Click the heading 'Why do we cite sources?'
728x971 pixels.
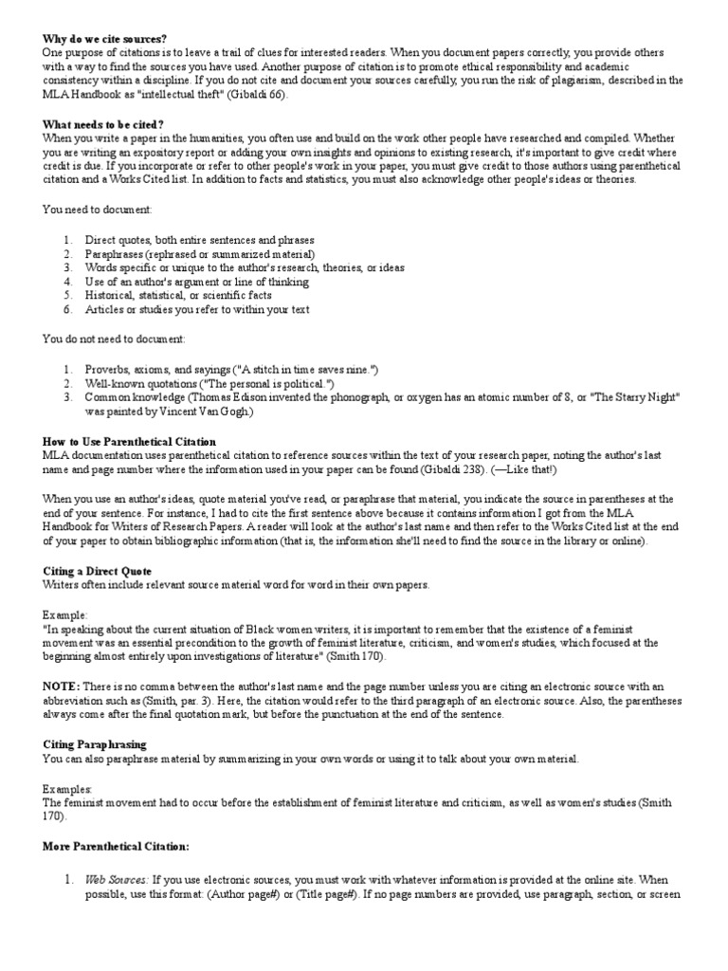coord(104,39)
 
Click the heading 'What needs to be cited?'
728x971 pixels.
coord(102,124)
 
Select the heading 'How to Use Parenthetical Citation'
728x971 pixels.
coord(129,442)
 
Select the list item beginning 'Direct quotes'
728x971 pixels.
coord(199,240)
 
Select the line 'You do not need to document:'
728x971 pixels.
coord(113,339)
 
